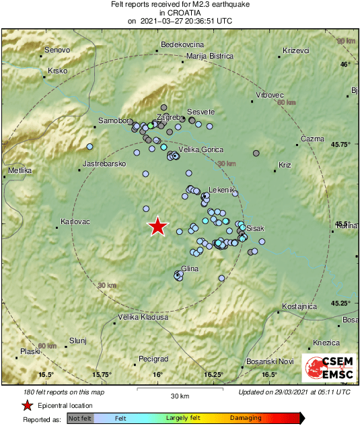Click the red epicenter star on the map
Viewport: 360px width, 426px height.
click(157, 227)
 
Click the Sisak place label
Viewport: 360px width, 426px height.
click(256, 229)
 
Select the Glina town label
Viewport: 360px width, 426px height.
click(190, 269)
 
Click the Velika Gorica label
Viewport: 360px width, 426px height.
click(199, 150)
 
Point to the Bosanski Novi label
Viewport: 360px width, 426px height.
click(266, 361)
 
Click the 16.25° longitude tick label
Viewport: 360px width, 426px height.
click(213, 375)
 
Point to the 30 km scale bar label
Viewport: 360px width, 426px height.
click(180, 396)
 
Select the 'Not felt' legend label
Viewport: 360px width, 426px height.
click(80, 418)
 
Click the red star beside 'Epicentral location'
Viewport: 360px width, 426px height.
click(27, 405)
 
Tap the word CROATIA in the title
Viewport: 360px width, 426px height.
click(180, 12)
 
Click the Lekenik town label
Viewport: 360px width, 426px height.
click(221, 190)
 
